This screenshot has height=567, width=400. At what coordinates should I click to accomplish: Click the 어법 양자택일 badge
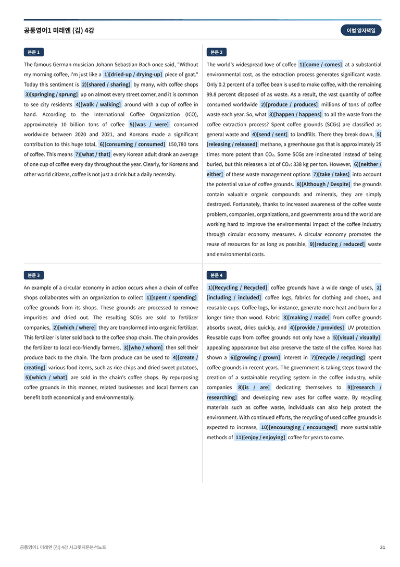pos(360,30)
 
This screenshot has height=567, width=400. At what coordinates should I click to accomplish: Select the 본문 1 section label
pos(33,52)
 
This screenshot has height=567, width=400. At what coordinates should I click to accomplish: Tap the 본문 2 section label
pos(217,52)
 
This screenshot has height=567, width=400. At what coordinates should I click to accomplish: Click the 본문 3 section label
pos(33,275)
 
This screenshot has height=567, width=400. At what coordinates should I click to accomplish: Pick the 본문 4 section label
pos(217,275)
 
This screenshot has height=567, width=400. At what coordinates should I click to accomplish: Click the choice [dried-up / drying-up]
pos(133,75)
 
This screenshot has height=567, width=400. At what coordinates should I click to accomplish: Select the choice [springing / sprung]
pos(51,94)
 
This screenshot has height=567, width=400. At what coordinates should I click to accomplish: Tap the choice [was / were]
pos(149,125)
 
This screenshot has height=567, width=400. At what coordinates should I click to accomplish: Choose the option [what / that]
pos(93,154)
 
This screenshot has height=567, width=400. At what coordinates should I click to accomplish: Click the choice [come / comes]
pos(320,65)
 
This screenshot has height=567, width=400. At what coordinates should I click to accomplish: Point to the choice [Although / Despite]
pos(323,184)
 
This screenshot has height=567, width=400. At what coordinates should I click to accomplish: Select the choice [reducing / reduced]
pos(337,244)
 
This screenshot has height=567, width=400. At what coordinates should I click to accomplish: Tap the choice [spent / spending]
pos(171,297)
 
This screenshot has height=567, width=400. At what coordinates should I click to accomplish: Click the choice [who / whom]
pos(143,347)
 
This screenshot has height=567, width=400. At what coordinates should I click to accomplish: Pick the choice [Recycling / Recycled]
pos(238,287)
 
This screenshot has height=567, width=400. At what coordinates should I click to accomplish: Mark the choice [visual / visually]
pos(356,337)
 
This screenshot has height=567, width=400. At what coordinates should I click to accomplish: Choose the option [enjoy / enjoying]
pos(260,437)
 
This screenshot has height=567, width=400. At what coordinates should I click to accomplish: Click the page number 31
pos(382,547)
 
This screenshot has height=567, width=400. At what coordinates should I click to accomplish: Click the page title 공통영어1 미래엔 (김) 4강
pos(59,30)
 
